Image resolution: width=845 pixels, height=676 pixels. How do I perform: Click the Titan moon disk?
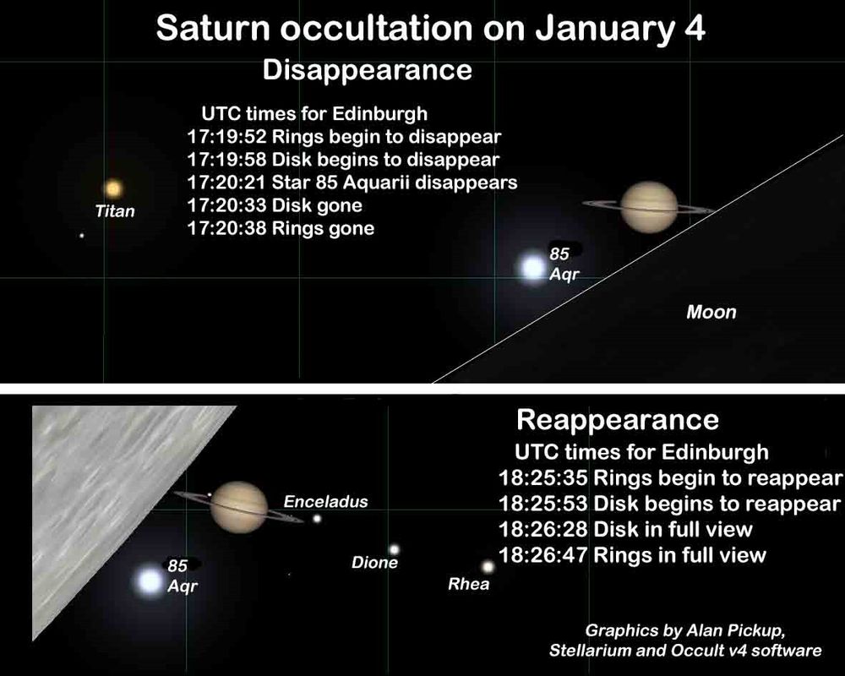point(113,188)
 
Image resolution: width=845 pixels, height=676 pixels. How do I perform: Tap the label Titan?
point(115,210)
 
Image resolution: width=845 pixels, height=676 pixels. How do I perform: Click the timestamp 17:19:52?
point(226,136)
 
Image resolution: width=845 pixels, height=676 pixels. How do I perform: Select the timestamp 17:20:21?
point(226,183)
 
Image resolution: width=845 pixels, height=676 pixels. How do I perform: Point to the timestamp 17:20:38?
point(226,228)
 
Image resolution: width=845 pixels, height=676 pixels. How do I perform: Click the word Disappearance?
point(367,71)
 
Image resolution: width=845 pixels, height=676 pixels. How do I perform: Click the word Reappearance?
point(618,420)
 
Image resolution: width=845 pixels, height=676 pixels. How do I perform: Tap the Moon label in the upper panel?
point(711,312)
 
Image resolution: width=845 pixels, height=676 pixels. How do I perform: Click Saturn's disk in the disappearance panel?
point(649,206)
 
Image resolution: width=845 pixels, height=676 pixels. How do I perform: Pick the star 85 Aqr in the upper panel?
point(532,268)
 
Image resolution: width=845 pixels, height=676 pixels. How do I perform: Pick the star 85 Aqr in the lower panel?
point(150,581)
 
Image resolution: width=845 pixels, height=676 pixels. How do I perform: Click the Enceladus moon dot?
point(317,519)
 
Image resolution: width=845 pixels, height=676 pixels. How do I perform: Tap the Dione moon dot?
point(394,549)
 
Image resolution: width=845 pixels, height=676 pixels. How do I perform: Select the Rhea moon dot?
point(488,566)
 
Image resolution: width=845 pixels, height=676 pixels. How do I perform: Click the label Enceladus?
point(325,502)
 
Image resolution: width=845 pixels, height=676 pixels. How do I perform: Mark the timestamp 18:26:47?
point(542,554)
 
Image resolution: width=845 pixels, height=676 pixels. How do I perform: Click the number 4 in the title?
point(695,28)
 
